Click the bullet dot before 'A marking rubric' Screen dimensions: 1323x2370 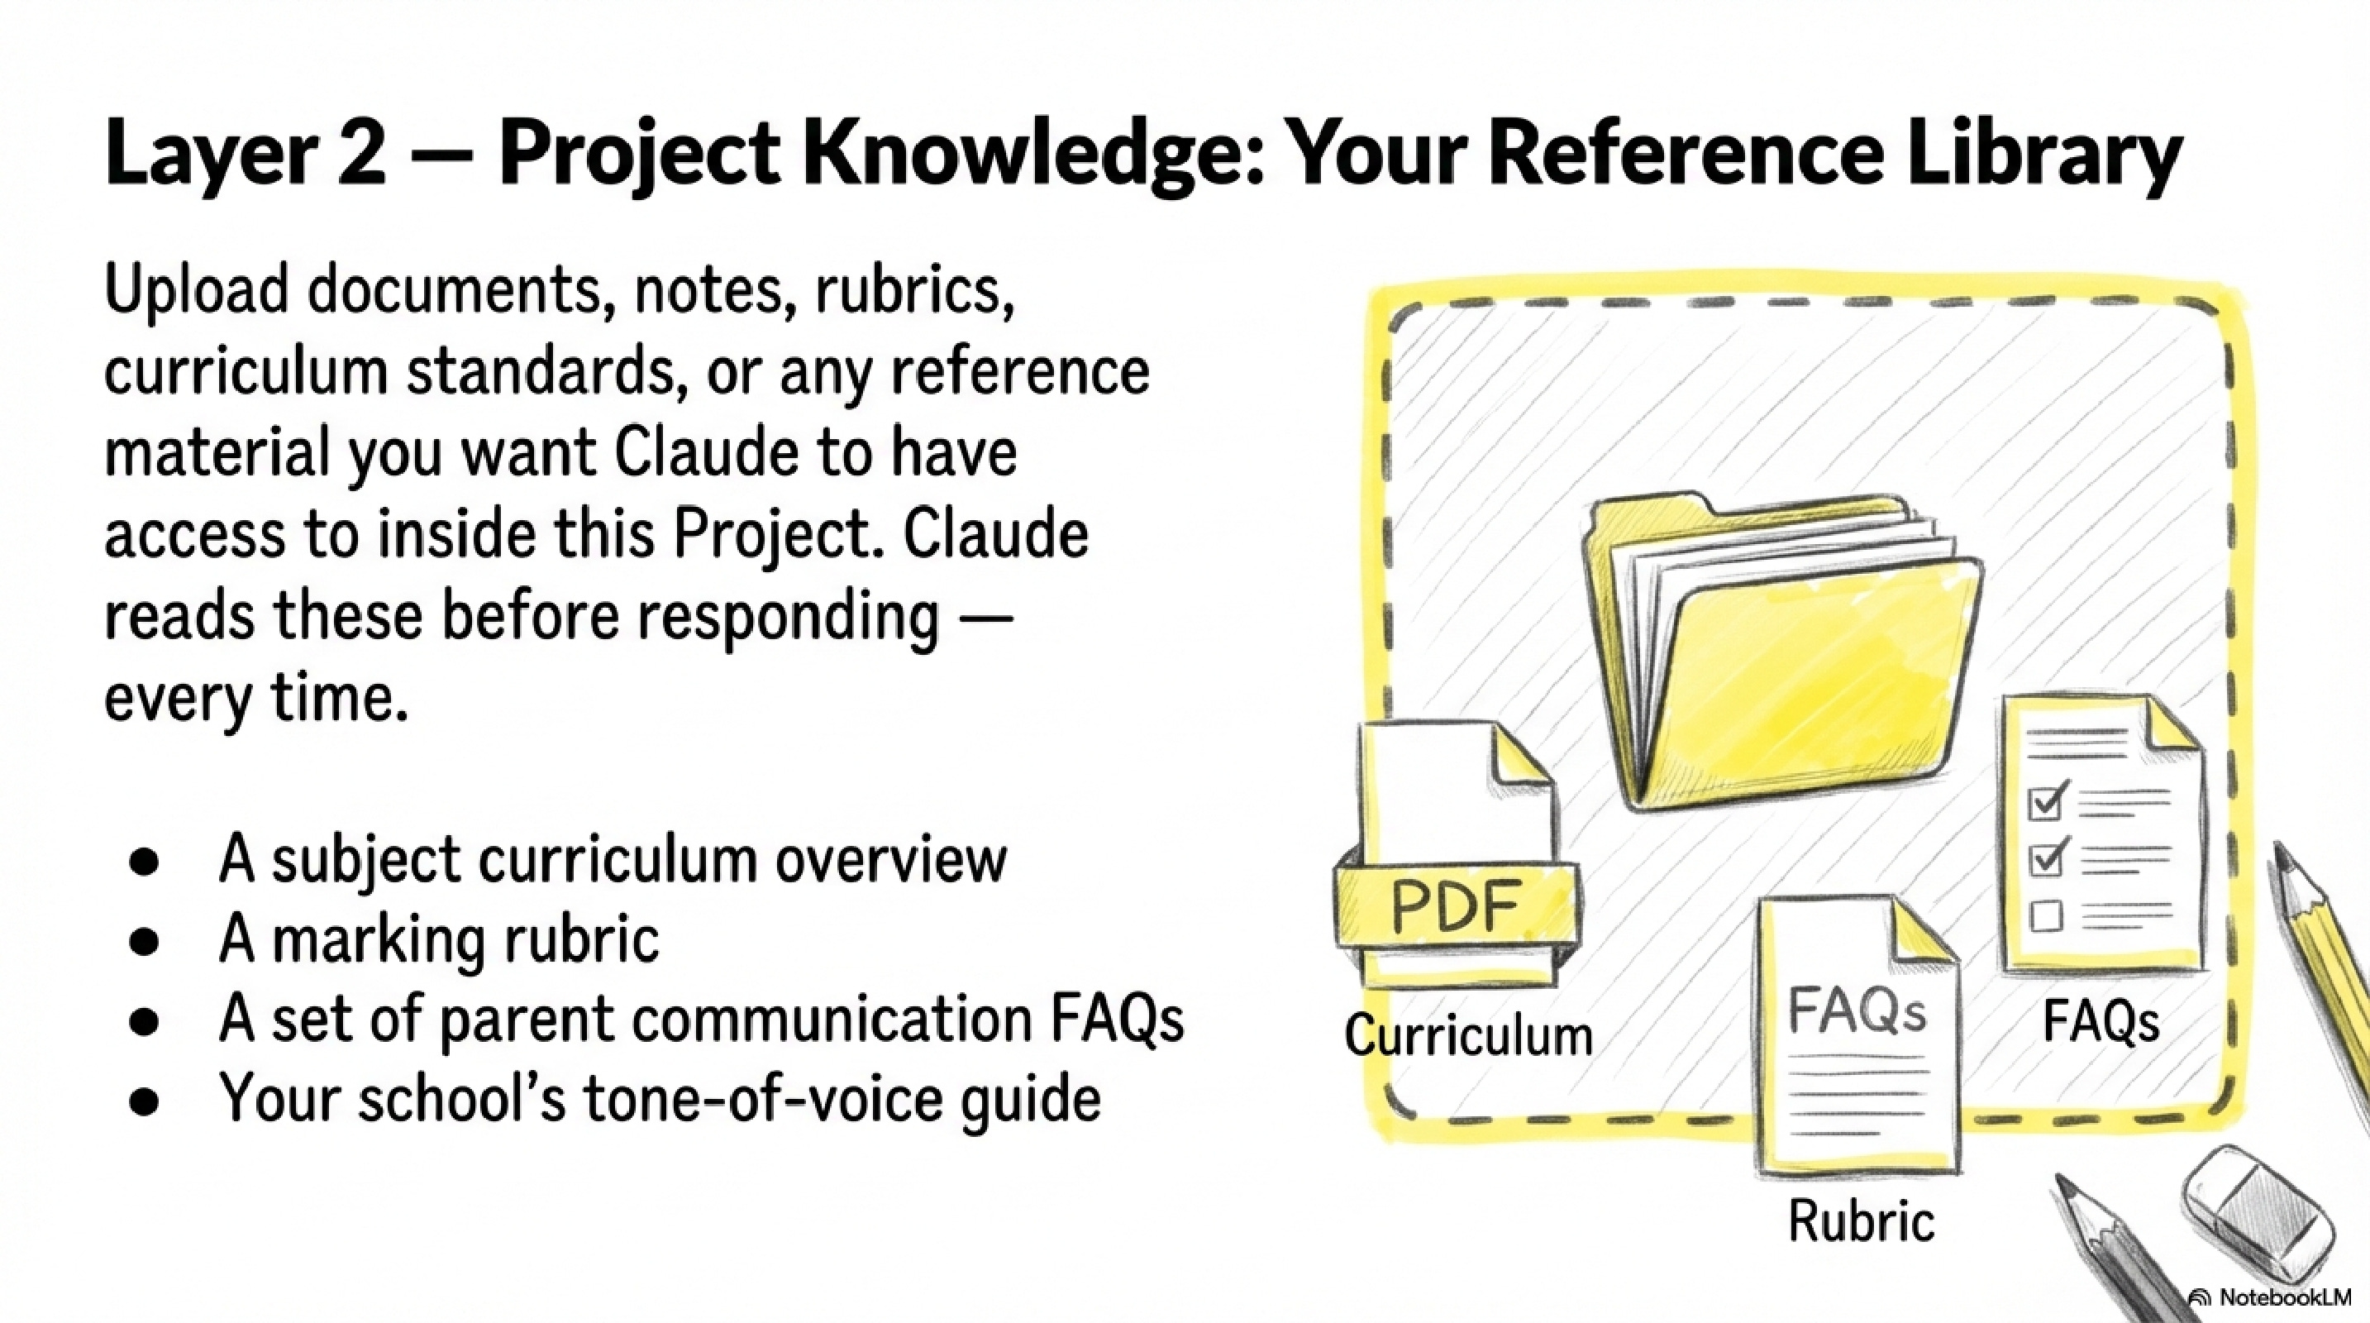(145, 941)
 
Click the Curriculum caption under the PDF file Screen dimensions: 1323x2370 (1468, 1035)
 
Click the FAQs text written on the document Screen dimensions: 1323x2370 (1857, 1010)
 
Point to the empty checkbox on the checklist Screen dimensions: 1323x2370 (2044, 916)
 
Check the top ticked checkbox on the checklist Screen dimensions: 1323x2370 (2046, 802)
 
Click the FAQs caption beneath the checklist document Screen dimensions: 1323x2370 (2101, 1021)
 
